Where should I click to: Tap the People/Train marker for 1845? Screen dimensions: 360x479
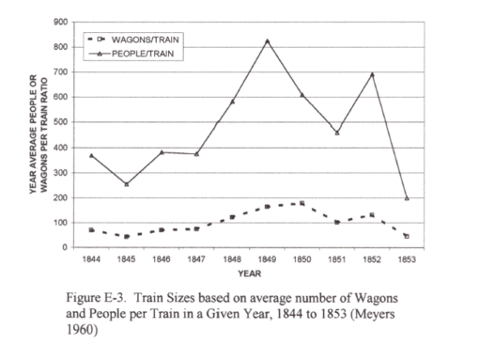coord(126,184)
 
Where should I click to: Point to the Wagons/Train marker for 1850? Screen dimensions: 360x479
coord(301,203)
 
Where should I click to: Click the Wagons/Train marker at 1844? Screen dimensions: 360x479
coord(91,229)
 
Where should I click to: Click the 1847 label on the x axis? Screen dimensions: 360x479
coord(196,257)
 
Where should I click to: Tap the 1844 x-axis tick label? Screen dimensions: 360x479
coord(91,257)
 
